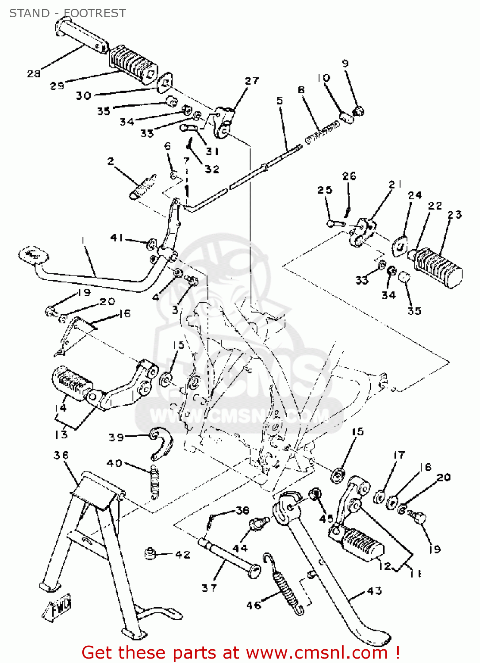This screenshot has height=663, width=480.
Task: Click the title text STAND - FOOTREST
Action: (x=67, y=13)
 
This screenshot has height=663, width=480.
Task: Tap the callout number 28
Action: (x=34, y=73)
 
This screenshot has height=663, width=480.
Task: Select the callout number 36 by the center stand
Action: (x=61, y=455)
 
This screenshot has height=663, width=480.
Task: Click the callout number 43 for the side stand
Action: (x=374, y=591)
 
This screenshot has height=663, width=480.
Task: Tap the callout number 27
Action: (x=252, y=81)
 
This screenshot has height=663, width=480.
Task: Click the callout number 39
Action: (x=116, y=437)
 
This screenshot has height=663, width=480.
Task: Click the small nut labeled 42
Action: (x=151, y=553)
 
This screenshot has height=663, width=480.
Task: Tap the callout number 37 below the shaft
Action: (x=209, y=588)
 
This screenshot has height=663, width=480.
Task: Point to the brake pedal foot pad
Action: (x=33, y=255)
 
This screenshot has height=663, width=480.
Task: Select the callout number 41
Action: (x=116, y=238)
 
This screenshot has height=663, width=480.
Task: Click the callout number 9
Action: (x=345, y=63)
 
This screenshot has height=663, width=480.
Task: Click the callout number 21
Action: (x=395, y=184)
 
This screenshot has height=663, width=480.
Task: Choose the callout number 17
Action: (x=399, y=455)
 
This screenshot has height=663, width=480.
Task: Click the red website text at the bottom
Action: (x=241, y=652)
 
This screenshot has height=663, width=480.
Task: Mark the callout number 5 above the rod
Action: (x=280, y=101)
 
